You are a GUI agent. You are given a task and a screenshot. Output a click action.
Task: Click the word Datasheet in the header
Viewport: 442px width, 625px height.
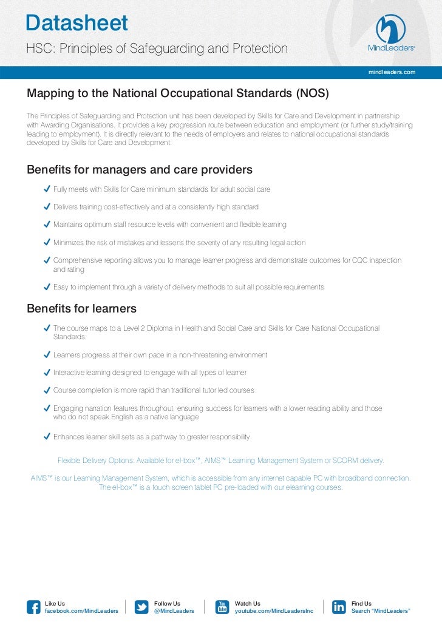(x=77, y=23)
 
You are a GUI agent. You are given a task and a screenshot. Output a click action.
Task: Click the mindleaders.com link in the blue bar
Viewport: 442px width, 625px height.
(x=392, y=72)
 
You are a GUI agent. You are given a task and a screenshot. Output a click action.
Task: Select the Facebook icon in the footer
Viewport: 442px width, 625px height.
(x=34, y=607)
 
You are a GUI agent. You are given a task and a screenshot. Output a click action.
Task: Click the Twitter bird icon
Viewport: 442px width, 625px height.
(x=141, y=607)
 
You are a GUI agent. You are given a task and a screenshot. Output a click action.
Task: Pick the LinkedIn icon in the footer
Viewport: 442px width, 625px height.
(x=339, y=607)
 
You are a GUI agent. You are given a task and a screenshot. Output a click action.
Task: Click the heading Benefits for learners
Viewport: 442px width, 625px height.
(x=81, y=308)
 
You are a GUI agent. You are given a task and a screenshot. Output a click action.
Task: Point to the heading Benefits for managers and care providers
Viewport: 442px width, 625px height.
(x=140, y=169)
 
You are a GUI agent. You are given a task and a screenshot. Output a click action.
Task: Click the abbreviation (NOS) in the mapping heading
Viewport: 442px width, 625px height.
(x=313, y=93)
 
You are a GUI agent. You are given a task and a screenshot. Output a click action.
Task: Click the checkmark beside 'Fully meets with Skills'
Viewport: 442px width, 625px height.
(x=47, y=189)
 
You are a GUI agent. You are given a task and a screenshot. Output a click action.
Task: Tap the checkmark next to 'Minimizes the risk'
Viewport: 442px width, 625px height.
(x=47, y=242)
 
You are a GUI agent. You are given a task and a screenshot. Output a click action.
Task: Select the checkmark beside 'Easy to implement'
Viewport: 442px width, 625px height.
(x=47, y=286)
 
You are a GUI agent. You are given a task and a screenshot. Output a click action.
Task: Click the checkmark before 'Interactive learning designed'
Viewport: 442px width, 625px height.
(x=47, y=372)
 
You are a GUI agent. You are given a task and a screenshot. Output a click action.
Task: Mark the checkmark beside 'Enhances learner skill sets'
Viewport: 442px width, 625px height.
(x=47, y=436)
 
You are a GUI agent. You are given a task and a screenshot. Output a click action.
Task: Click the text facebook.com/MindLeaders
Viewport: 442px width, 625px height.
(x=82, y=610)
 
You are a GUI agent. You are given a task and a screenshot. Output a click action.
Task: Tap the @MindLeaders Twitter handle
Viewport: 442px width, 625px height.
(x=174, y=610)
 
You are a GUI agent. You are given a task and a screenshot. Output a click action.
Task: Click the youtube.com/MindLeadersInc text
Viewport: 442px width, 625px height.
(x=274, y=610)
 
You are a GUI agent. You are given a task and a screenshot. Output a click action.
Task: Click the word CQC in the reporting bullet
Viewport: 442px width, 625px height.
(x=361, y=260)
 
